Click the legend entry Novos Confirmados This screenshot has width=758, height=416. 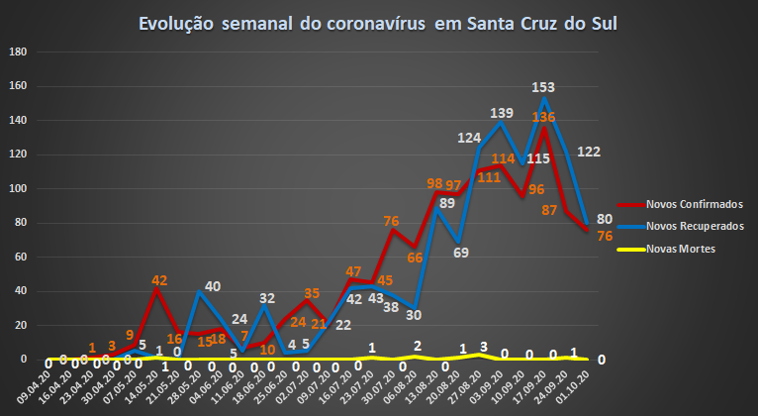pyautogui.click(x=680, y=204)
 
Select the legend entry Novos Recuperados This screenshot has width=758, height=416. pyautogui.click(x=680, y=227)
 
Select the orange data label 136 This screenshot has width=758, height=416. pyautogui.click(x=543, y=118)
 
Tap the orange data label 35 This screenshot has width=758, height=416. pyautogui.click(x=312, y=293)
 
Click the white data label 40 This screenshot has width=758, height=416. pyautogui.click(x=212, y=286)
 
